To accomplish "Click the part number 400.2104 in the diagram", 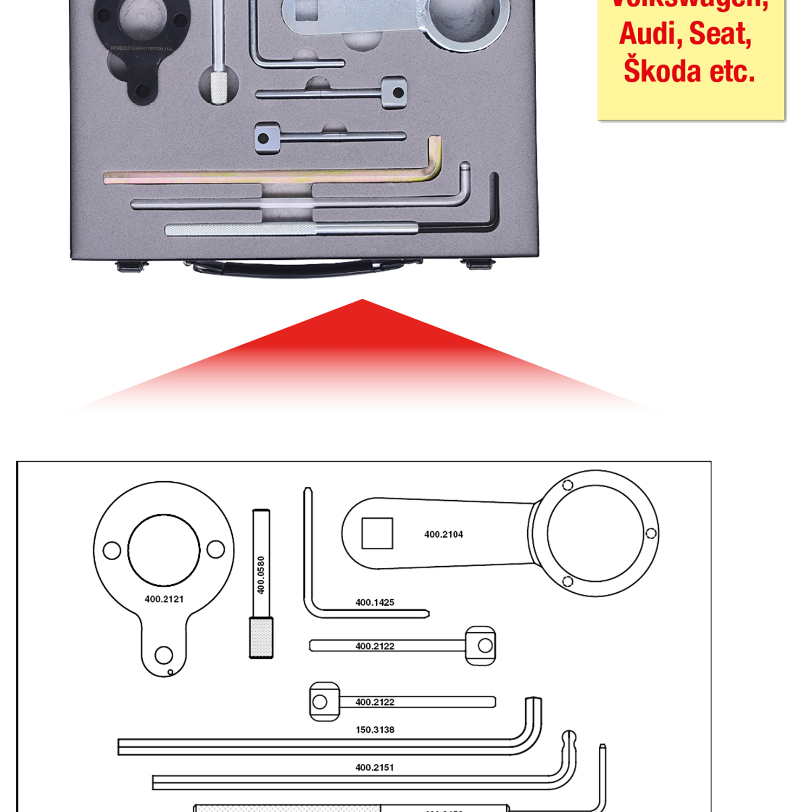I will (443, 534).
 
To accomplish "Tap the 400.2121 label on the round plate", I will (164, 599).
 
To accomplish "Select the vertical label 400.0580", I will (261, 575).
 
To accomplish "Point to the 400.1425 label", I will (375, 602).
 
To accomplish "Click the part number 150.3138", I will (375, 730).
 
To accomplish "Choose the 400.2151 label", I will (375, 767).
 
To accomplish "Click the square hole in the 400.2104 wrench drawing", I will (377, 533).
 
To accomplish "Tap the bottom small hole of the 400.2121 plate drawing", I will (163, 655).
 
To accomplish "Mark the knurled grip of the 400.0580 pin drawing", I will (261, 638).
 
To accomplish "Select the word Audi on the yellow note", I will (647, 34).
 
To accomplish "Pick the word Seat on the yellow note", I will (720, 34).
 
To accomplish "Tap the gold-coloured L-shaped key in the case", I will (271, 176).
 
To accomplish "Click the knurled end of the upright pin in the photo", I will (219, 87).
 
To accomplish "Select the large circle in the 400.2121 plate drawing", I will (163, 550).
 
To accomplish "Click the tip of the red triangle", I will (363, 300).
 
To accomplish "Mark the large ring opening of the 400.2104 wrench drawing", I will (595, 533).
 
